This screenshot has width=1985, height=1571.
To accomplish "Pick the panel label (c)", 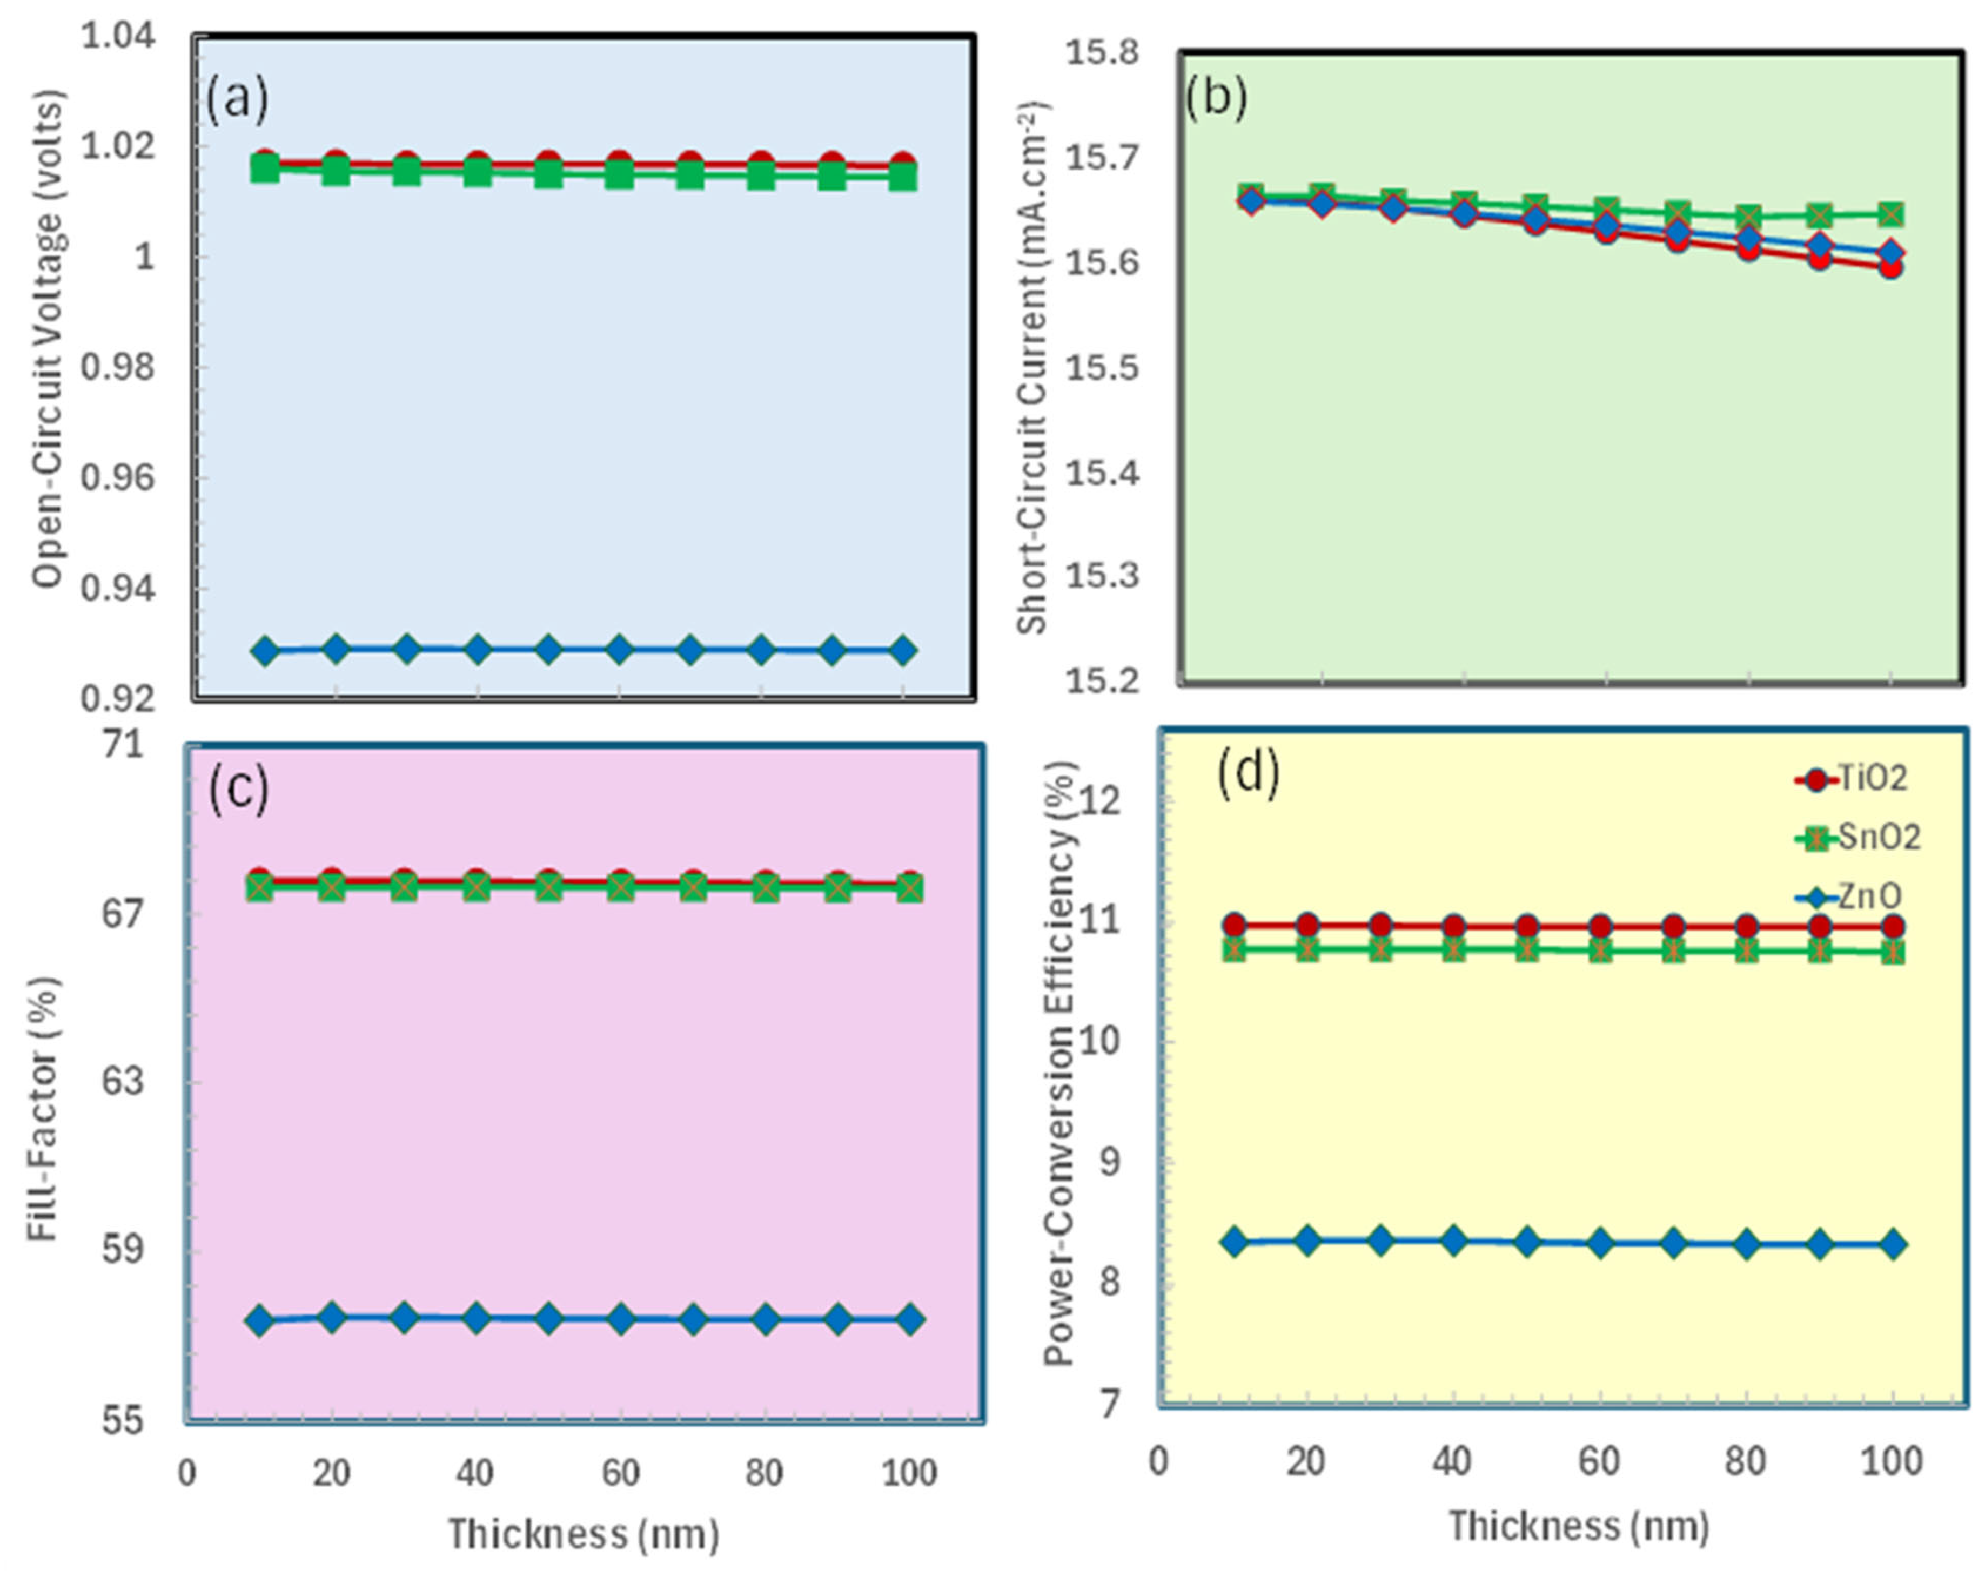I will [x=238, y=788].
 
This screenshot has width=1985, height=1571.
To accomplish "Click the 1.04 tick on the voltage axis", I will [x=119, y=37].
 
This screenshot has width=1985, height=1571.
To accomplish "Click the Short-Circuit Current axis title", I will [x=1034, y=368].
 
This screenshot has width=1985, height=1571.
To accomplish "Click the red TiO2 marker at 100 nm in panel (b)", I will [x=1890, y=268].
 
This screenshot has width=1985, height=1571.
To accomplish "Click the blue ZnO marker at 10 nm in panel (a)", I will [x=265, y=651].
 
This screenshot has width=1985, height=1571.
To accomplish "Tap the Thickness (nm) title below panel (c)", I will [x=584, y=1534].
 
